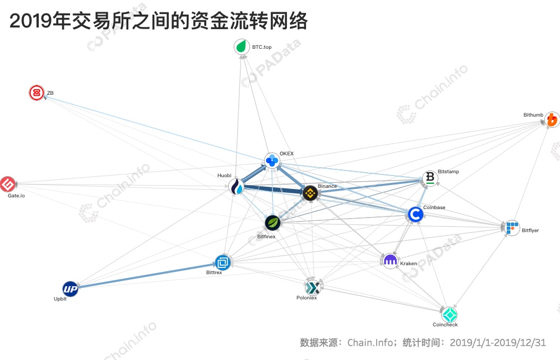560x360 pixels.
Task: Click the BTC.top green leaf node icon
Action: point(242,47)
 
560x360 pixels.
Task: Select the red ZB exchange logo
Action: point(36,93)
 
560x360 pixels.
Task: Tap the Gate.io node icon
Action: point(7,184)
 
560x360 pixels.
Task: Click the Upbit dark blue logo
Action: point(71,289)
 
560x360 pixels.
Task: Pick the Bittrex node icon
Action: point(223,263)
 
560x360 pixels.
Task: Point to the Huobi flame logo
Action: point(237,186)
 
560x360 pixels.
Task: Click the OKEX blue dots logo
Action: point(272,160)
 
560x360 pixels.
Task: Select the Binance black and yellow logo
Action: point(310,193)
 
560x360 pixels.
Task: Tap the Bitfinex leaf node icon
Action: point(273,223)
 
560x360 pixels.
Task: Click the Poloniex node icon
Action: point(313,287)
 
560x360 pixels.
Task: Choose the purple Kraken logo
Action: point(390,261)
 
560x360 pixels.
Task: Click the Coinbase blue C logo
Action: point(416,215)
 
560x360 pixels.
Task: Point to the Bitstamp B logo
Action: point(430,178)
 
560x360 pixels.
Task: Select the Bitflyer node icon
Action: point(512,228)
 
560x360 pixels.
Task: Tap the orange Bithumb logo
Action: point(552,119)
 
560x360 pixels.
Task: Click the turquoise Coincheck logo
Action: point(449,314)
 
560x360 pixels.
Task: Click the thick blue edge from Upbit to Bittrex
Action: point(146,275)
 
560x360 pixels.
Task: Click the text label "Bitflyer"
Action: point(530,230)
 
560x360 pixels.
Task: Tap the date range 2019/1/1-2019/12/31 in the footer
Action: point(498,343)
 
